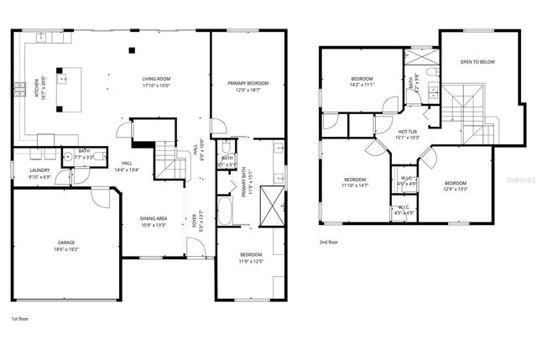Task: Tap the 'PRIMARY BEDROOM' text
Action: tap(248, 83)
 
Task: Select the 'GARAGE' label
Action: tap(66, 242)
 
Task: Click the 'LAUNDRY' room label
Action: tap(39, 171)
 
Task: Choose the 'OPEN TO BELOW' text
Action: tap(476, 62)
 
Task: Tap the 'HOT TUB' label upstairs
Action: tap(408, 132)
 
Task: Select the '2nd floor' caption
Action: tap(328, 242)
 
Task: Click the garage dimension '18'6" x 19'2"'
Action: tap(66, 248)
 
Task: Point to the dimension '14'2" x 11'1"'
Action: tap(362, 85)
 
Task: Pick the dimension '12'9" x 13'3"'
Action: tap(455, 189)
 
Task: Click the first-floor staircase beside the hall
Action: tap(172, 159)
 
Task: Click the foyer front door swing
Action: tap(195, 248)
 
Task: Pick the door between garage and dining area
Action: tap(103, 197)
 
